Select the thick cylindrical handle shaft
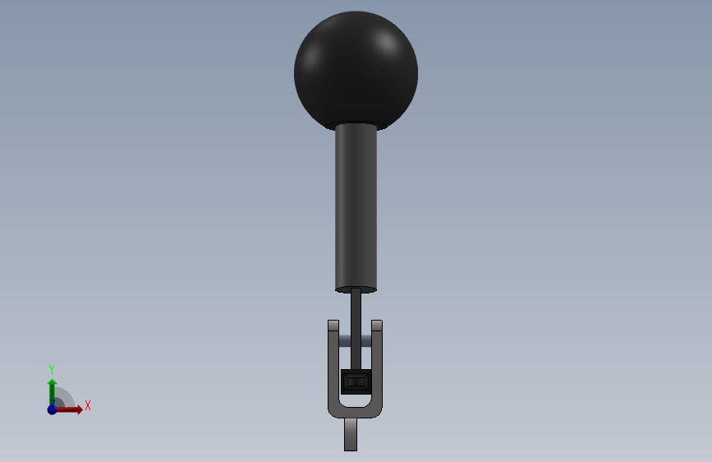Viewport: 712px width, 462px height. pyautogui.click(x=356, y=207)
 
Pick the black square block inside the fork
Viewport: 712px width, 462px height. pyautogui.click(x=356, y=381)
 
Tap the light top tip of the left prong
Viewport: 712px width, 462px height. pyautogui.click(x=333, y=326)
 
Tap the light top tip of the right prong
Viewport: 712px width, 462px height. pyautogui.click(x=377, y=326)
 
